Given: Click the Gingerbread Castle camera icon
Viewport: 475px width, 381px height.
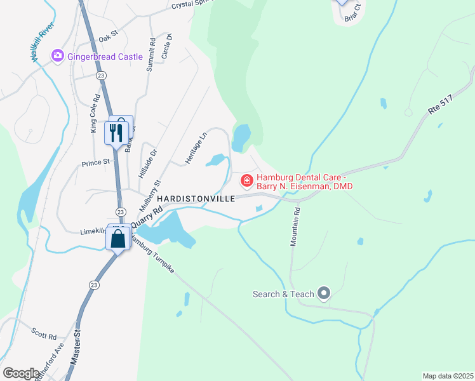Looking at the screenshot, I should (58, 57).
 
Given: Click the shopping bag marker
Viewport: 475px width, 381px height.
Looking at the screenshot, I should (118, 239).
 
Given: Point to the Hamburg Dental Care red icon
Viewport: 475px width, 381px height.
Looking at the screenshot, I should (246, 181).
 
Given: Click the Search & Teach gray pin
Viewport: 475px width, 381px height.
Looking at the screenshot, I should (324, 293).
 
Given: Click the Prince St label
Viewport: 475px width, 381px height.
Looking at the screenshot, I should (96, 163).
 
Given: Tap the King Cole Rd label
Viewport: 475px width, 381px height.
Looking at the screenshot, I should (95, 114).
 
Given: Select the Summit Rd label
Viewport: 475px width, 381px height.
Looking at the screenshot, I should (151, 55).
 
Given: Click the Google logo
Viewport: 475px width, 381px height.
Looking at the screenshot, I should (20, 373).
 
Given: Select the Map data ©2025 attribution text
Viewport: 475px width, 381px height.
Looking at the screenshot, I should (447, 376).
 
